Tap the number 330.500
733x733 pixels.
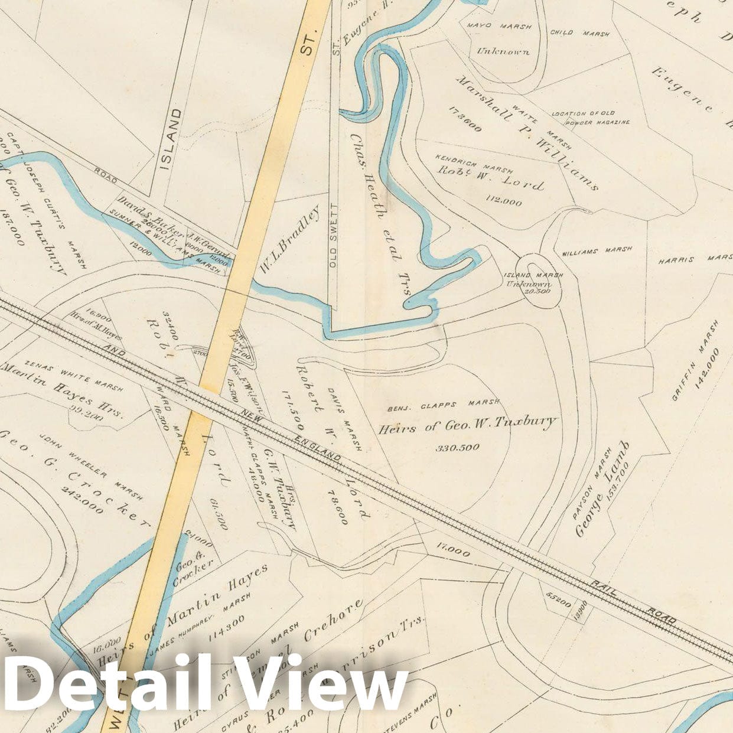click(458, 447)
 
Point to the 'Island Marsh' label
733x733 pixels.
click(533, 275)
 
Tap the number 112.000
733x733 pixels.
click(503, 201)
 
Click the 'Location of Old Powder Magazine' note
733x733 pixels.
click(591, 118)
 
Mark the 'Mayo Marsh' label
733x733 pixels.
click(499, 27)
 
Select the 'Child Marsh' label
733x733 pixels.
click(579, 33)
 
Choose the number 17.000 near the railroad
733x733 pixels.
click(453, 552)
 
